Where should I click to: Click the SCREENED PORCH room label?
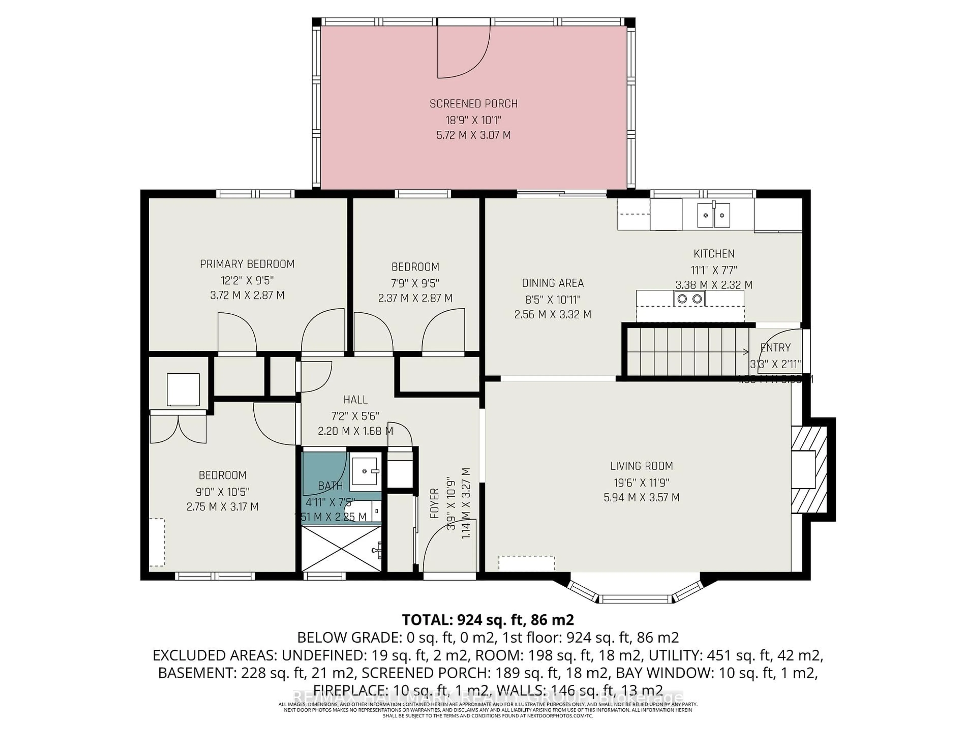[x=474, y=104]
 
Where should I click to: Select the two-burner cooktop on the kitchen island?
[x=690, y=299]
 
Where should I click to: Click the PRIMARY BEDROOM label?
[x=247, y=264]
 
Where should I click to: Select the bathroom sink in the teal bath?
[x=365, y=471]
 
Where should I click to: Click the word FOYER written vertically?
[x=435, y=503]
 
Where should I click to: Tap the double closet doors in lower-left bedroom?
[x=178, y=429]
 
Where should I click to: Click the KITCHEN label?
[x=713, y=254]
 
